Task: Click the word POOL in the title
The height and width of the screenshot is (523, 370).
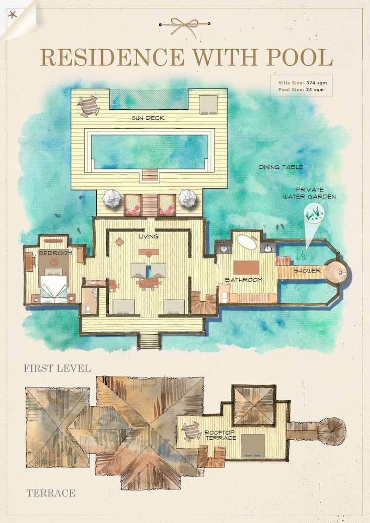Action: [x=301, y=57]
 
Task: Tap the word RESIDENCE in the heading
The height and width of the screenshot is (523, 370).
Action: [x=112, y=57]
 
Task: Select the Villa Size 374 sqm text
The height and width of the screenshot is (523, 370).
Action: [x=301, y=83]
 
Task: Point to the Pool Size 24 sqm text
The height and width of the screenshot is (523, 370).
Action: [x=301, y=90]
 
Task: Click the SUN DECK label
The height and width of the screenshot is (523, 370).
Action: [x=149, y=118]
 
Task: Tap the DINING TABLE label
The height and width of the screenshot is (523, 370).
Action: [x=281, y=167]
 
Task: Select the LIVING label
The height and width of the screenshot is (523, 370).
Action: [x=149, y=237]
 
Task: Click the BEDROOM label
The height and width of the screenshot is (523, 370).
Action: [x=54, y=253]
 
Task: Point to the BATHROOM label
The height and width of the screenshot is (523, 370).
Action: [x=243, y=280]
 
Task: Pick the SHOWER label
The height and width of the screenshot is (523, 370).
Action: [x=304, y=271]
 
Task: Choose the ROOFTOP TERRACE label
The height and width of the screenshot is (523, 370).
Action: [x=219, y=436]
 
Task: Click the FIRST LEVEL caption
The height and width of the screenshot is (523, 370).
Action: [x=57, y=369]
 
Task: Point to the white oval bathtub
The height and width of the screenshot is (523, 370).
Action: [x=246, y=242]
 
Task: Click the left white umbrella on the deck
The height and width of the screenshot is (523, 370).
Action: [x=112, y=198]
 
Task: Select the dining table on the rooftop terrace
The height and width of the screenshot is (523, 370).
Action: [x=192, y=431]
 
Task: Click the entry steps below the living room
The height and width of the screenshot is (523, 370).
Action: [x=149, y=341]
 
